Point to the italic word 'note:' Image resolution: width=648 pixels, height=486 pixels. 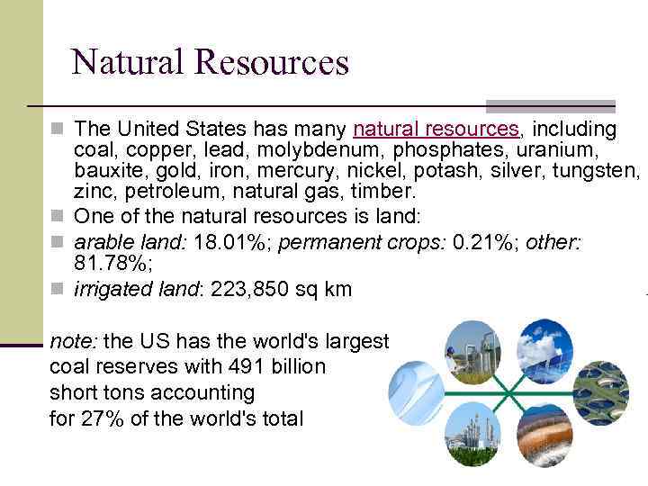point(76,342)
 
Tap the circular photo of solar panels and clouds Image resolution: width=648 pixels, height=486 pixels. point(544,346)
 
